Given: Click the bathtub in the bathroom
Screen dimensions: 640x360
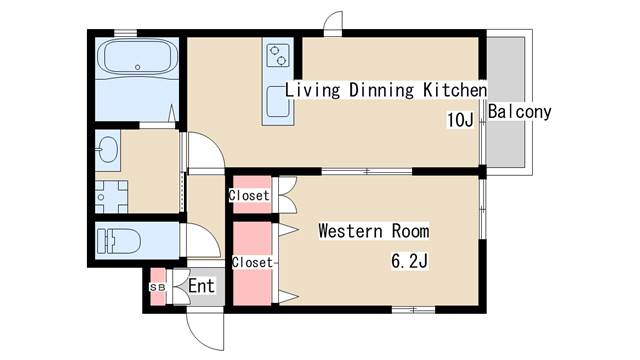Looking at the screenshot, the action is pos(138,57).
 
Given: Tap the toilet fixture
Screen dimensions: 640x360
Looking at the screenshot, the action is pos(118,241).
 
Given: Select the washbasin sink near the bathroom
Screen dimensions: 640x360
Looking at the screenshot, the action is pos(107,149).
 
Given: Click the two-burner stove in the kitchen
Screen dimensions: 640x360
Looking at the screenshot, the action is pos(278,55).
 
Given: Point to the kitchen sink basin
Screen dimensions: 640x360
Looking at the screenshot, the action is pos(278,102).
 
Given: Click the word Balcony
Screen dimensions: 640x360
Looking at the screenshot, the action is pos(520,111).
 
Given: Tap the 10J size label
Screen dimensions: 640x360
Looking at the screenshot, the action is pos(460,120).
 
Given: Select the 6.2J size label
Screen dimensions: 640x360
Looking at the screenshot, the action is pos(409,261).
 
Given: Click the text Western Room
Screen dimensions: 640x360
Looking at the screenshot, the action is pos(374,231).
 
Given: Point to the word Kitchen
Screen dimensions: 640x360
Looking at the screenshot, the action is pos(455,90).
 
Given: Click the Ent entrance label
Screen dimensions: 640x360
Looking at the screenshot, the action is pos(201,286).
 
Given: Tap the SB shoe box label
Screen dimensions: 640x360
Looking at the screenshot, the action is pos(158,287).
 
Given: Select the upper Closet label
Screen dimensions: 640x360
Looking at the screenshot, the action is pos(249,195).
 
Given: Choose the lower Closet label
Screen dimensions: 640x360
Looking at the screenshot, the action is pos(252,262).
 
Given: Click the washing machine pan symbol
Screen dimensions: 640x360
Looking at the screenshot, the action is pos(111,197).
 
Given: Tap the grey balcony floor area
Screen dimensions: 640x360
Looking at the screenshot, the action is pos(506,102).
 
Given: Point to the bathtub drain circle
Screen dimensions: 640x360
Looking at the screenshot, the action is pos(138,67).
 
